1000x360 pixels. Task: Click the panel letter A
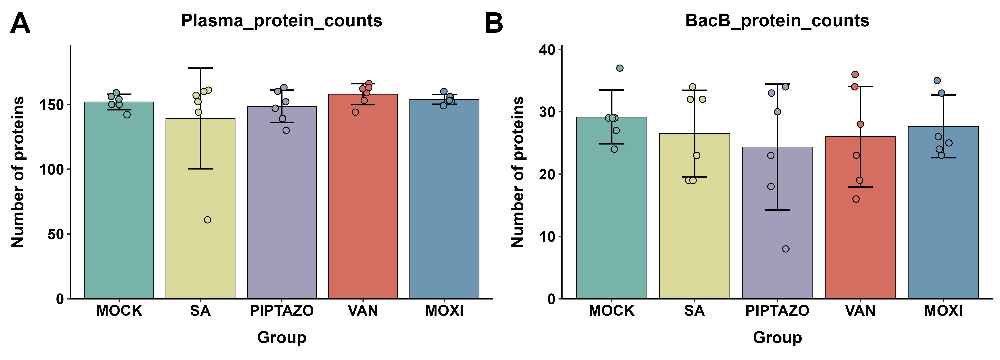coord(20,23)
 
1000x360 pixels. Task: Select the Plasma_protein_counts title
coord(281,21)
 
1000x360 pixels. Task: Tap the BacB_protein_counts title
coord(777,21)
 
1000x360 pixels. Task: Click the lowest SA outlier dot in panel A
coord(208,220)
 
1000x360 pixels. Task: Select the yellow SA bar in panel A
coord(200,209)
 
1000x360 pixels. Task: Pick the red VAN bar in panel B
coord(860,217)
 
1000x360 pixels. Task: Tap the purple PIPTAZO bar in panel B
coord(778,223)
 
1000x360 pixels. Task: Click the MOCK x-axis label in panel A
coord(119,311)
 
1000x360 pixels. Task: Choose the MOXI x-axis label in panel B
coord(943,311)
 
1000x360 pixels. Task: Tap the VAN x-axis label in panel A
coord(363,311)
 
